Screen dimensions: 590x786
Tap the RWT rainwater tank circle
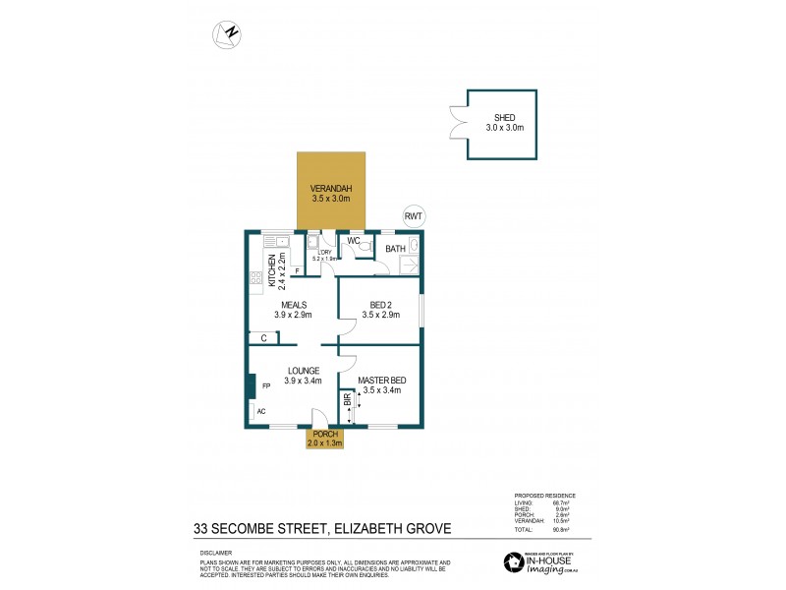[x=414, y=217]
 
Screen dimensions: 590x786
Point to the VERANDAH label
[x=331, y=189]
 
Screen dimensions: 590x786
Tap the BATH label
[x=395, y=250]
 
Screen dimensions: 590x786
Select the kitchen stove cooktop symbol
[x=256, y=278]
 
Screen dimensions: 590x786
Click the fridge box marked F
[x=297, y=270]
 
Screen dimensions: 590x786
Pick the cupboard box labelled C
[x=263, y=338]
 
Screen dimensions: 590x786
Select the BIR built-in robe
[x=347, y=406]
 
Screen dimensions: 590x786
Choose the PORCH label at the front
[x=325, y=435]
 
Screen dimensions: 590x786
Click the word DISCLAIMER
[x=216, y=553]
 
